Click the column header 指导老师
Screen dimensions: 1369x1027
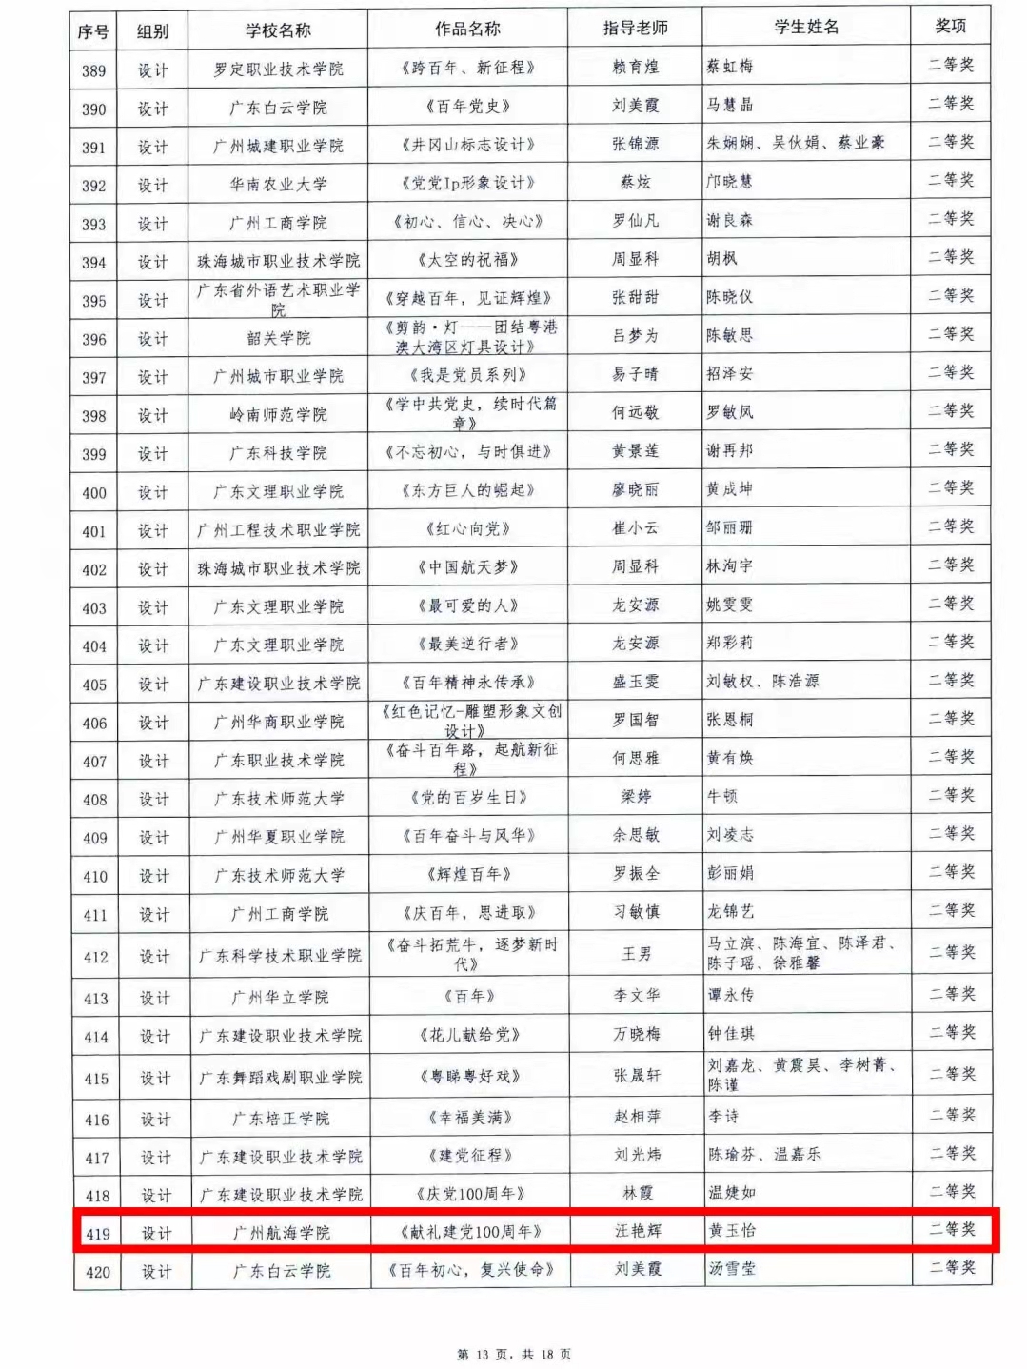pyautogui.click(x=635, y=29)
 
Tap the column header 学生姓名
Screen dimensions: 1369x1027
pyautogui.click(x=806, y=27)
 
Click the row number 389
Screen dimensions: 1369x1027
pyautogui.click(x=93, y=70)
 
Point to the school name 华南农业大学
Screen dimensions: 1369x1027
pyautogui.click(x=278, y=184)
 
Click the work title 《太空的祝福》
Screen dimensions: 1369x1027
pyautogui.click(x=467, y=259)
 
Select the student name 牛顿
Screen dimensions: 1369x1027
pyautogui.click(x=722, y=796)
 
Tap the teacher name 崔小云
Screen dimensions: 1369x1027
pyautogui.click(x=635, y=527)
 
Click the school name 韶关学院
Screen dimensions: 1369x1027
pyautogui.click(x=278, y=338)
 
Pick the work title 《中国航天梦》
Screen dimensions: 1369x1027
pyautogui.click(x=467, y=567)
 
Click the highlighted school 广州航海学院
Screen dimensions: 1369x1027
pyautogui.click(x=281, y=1233)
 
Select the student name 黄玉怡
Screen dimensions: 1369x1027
pyautogui.click(x=732, y=1230)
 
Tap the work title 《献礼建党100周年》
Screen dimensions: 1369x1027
pyautogui.click(x=470, y=1232)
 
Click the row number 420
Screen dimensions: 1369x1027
pyautogui.click(x=97, y=1272)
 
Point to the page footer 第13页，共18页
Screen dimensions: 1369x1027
pyautogui.click(x=514, y=1354)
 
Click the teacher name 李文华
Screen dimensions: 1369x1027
pyautogui.click(x=637, y=996)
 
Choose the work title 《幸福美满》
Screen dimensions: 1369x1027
pyautogui.click(x=470, y=1117)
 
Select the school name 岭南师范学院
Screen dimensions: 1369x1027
pyautogui.click(x=278, y=414)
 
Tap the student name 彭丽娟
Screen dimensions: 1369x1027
pyautogui.click(x=731, y=873)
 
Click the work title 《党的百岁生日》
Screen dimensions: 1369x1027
pyautogui.click(x=468, y=797)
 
